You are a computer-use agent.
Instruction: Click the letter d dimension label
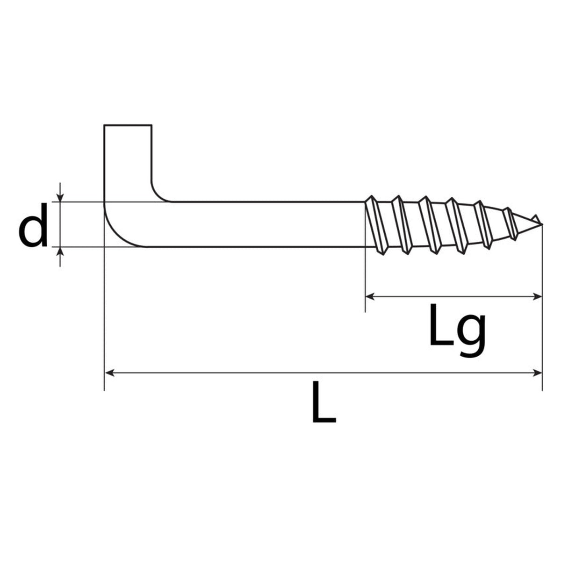coord(33,225)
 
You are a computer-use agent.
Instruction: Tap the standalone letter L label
coord(324,402)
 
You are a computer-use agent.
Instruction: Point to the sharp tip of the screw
coord(542,223)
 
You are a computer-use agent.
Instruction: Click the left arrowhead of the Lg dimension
coord(370,297)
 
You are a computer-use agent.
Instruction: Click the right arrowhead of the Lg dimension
coord(538,297)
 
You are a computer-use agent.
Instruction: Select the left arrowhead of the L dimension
coord(109,373)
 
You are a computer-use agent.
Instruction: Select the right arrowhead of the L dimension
coord(538,373)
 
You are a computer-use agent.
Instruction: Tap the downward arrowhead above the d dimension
coord(60,198)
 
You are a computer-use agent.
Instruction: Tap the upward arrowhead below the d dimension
coord(60,251)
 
